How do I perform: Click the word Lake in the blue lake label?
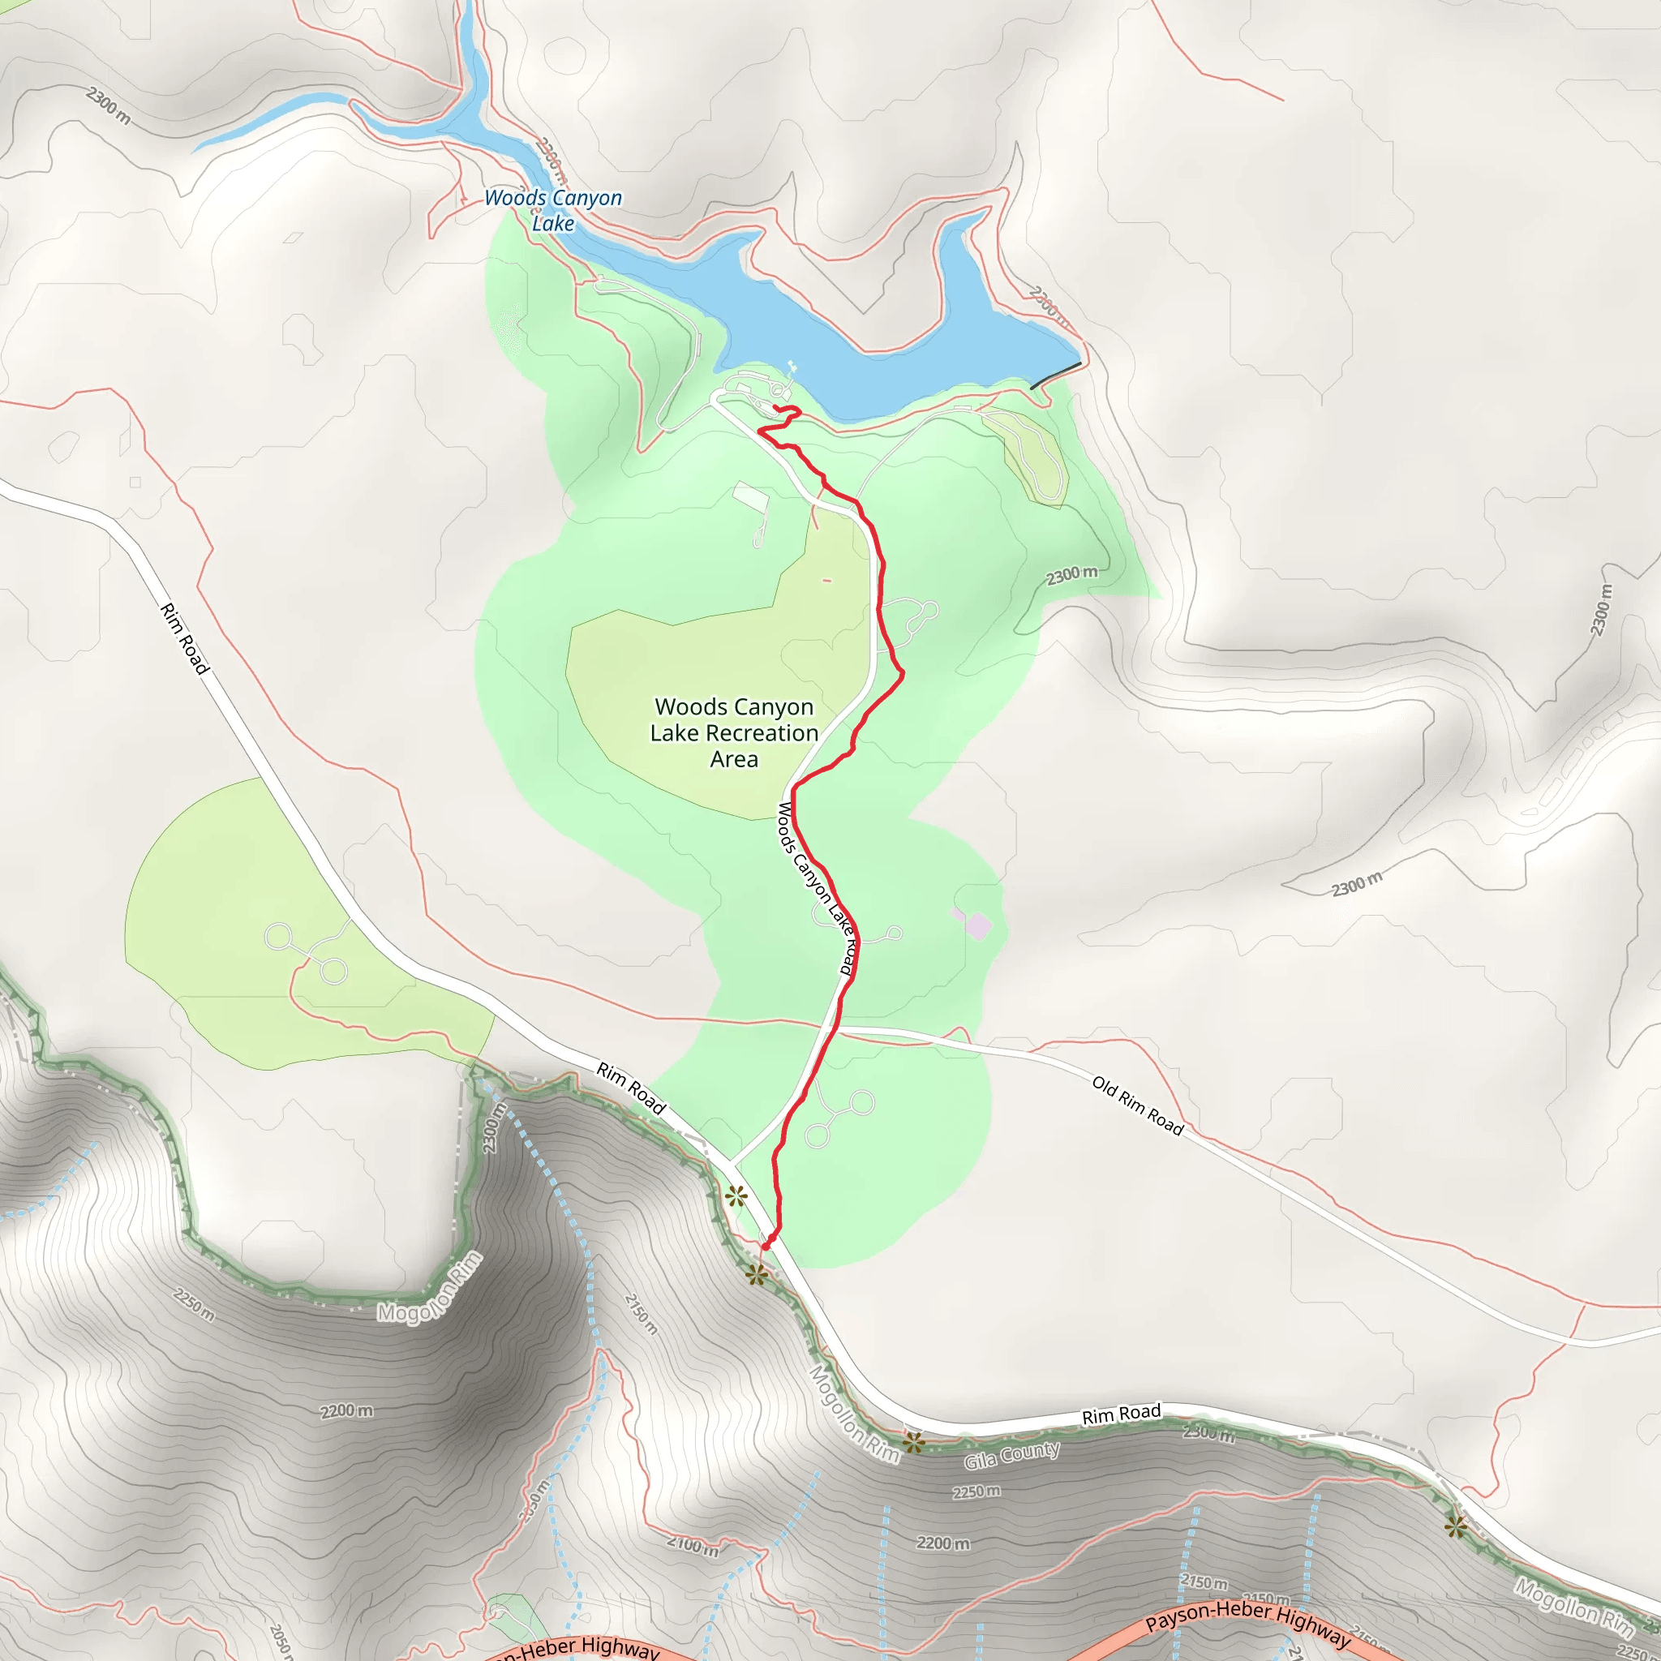pos(553,225)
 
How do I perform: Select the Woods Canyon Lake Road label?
pos(816,887)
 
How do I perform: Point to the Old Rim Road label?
pos(1137,1105)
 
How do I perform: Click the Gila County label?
pos(1012,1456)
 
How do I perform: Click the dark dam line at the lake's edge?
pos(1056,376)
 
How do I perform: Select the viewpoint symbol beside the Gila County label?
pos(913,1442)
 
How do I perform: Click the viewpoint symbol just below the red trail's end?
pos(757,1274)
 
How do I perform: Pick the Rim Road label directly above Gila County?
pos(1120,1414)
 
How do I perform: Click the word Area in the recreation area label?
pos(734,760)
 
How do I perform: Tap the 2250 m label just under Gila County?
pos(976,1491)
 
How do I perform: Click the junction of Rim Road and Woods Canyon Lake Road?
pos(732,1165)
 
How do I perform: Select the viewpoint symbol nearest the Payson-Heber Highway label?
pos(1455,1527)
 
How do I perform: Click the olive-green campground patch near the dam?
pos(1028,456)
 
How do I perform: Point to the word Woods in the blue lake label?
pos(516,198)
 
